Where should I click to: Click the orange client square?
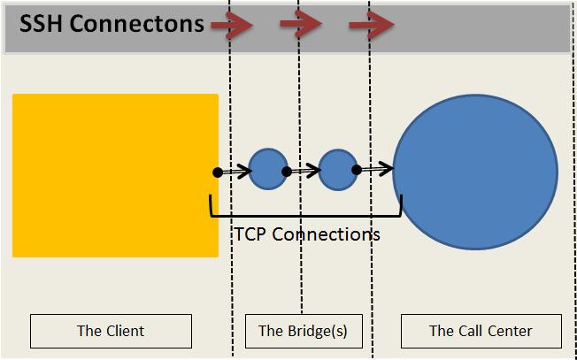pos(116,175)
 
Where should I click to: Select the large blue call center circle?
pos(475,172)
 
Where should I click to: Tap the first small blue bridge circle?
pos(268,169)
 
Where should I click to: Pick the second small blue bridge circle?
pos(338,170)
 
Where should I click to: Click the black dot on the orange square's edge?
pos(218,172)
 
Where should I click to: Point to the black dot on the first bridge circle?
pos(287,172)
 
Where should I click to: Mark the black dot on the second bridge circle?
pos(357,170)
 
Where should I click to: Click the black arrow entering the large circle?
pos(375,170)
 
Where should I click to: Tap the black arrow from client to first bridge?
pos(235,172)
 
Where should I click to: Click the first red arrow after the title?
pos(233,25)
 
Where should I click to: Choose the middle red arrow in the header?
pos(301,24)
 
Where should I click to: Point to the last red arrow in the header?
pos(372,25)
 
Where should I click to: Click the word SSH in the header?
pos(41,24)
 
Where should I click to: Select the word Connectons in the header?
pos(136,24)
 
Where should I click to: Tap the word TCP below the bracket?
pos(250,234)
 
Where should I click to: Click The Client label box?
pos(111,331)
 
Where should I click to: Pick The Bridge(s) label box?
pos(304,331)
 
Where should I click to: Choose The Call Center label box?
pos(481,331)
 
